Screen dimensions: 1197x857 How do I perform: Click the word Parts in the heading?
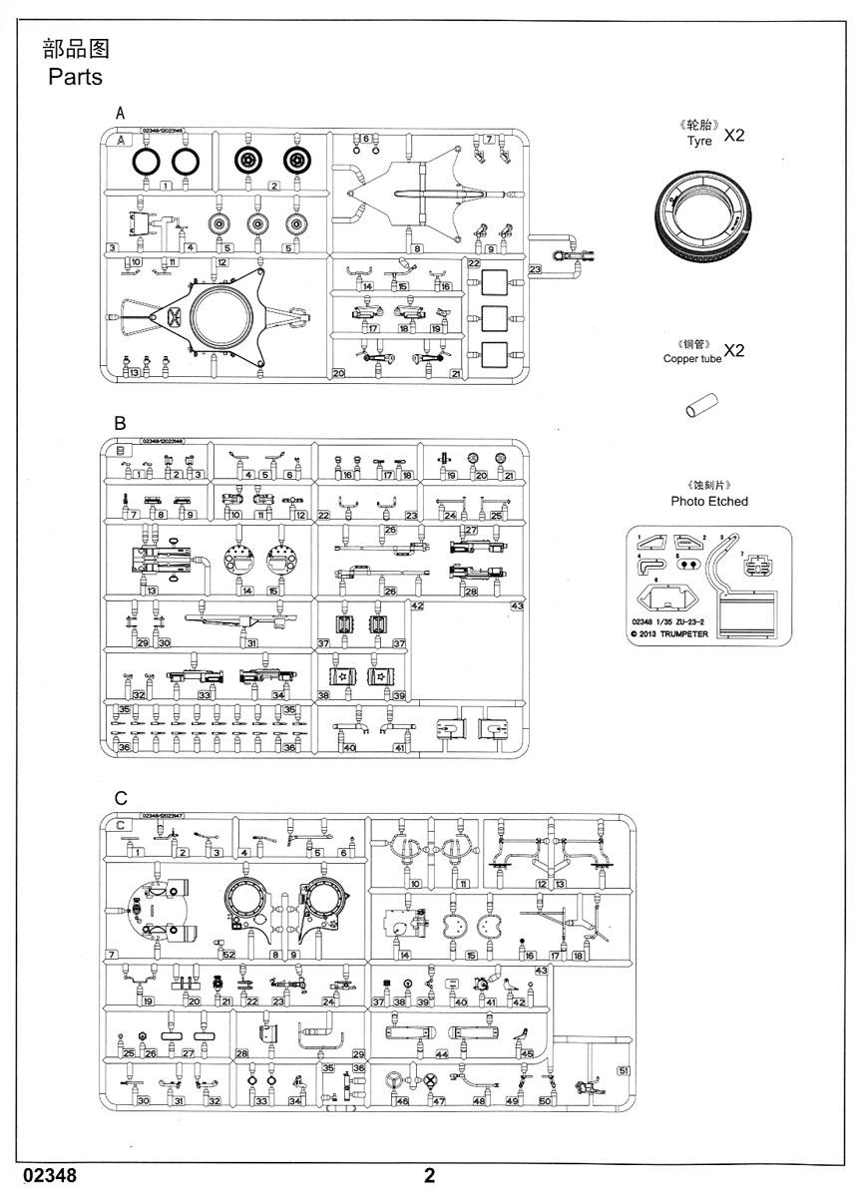(75, 77)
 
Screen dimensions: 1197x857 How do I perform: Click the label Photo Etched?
(709, 501)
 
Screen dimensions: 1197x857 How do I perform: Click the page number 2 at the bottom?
(429, 1176)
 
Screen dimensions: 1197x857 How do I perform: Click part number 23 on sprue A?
(536, 269)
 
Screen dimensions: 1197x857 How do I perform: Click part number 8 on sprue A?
(417, 248)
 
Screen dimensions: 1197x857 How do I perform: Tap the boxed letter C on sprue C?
(121, 826)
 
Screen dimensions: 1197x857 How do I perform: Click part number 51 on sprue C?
(625, 1070)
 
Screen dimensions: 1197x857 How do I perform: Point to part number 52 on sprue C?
(228, 955)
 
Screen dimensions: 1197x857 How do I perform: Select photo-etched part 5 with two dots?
(686, 562)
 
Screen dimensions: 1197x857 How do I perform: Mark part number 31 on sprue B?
(252, 643)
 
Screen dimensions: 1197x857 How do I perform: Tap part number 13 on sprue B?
(152, 592)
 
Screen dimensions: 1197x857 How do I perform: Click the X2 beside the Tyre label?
(733, 136)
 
